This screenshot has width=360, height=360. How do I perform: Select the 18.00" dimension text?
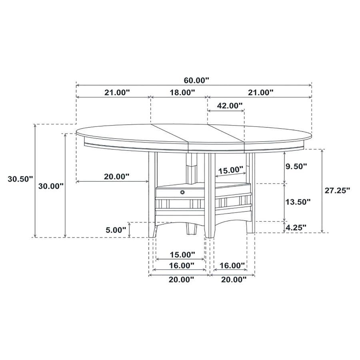pyautogui.click(x=179, y=92)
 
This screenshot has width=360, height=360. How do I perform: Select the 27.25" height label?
pyautogui.click(x=336, y=190)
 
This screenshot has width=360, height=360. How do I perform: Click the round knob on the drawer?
pyautogui.click(x=183, y=192)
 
